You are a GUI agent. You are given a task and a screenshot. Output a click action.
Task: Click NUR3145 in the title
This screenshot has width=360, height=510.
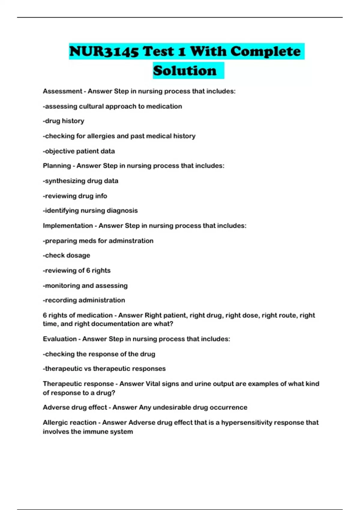click(104, 52)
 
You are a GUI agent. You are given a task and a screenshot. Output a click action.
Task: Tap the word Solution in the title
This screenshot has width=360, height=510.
click(185, 71)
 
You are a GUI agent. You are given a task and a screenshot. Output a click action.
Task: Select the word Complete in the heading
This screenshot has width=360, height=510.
click(265, 52)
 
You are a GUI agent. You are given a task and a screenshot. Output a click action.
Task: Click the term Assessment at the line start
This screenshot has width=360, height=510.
click(62, 91)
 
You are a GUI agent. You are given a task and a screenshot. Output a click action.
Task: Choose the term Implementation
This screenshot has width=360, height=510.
click(68, 226)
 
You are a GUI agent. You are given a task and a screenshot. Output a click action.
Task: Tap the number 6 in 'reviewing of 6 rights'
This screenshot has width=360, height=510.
click(88, 270)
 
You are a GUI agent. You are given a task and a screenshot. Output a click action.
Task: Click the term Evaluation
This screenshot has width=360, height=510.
click(60, 339)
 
